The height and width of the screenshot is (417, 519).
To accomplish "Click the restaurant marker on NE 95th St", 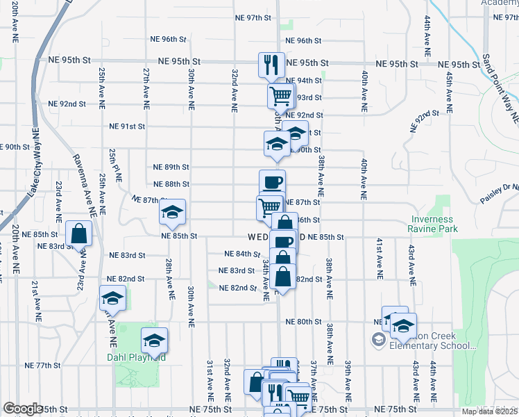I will [271, 65].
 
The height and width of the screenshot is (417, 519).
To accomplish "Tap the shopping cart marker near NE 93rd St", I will [281, 95].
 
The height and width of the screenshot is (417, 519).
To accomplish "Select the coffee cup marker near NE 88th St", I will [272, 182].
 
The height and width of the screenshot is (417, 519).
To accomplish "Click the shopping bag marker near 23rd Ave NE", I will [79, 233].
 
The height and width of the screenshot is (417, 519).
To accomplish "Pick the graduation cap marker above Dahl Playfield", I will [154, 340].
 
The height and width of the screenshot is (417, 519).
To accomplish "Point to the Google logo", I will [23, 409].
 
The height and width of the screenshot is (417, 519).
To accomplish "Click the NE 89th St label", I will [171, 167].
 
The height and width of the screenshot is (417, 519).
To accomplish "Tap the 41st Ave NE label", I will [380, 258].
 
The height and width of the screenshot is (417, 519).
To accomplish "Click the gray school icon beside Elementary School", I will [378, 340].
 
